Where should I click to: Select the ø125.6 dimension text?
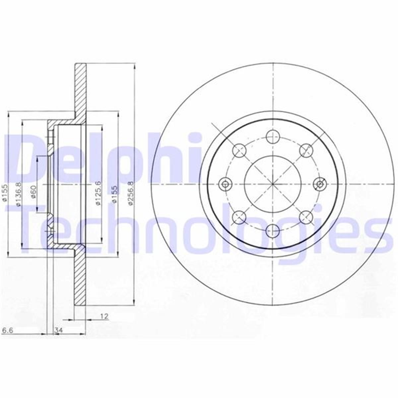[x=98, y=193]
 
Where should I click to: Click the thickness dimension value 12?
[x=104, y=316]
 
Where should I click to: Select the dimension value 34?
[x=59, y=330]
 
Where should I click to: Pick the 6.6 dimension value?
[x=7, y=330]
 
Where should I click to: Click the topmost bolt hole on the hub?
[x=273, y=135]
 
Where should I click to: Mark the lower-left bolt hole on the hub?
[x=239, y=217]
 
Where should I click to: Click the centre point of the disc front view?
[x=273, y=183]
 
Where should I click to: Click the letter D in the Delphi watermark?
[x=25, y=159]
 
